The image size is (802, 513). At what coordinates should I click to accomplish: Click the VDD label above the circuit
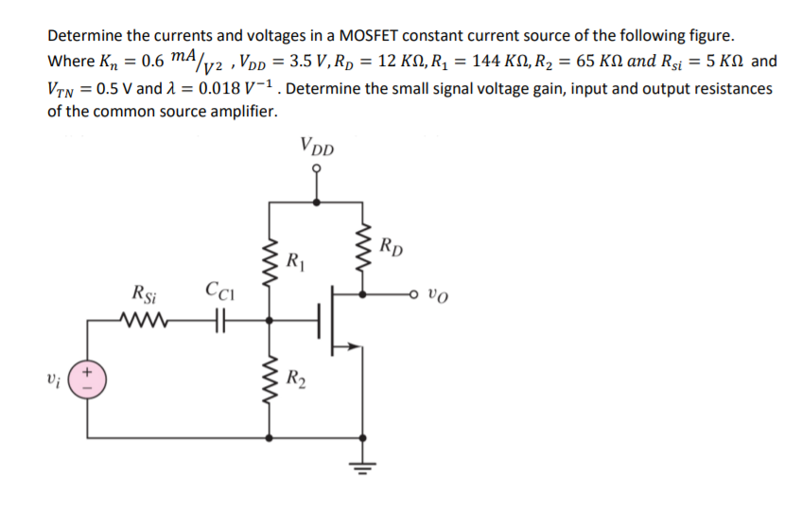pyautogui.click(x=317, y=148)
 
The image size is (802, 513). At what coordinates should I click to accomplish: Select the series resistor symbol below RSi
pyautogui.click(x=143, y=320)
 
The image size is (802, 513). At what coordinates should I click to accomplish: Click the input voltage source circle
pyautogui.click(x=90, y=381)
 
